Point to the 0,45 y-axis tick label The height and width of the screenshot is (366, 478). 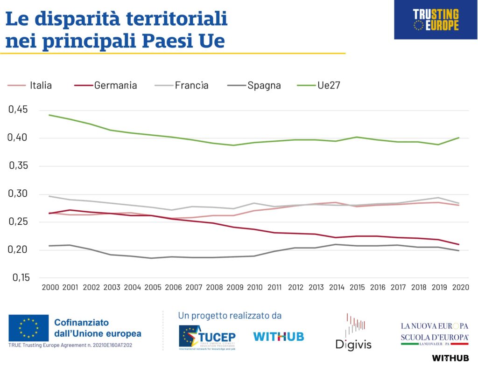click(x=19, y=110)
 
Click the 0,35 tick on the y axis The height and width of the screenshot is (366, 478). click(x=19, y=166)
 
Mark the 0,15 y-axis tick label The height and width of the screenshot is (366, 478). click(x=19, y=278)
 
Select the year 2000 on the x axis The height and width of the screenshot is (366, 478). click(x=50, y=287)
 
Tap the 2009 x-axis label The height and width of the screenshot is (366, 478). click(x=234, y=287)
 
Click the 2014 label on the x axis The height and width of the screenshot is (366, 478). click(x=337, y=287)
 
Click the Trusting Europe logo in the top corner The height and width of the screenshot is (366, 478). click(x=436, y=20)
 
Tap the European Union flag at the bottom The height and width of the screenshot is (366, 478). click(x=28, y=328)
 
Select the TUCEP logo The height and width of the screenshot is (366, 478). click(x=207, y=336)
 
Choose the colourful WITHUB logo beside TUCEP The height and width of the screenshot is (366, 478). click(x=278, y=336)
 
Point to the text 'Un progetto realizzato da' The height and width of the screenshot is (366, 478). click(x=230, y=316)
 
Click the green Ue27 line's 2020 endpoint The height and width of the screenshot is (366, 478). click(x=459, y=138)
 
